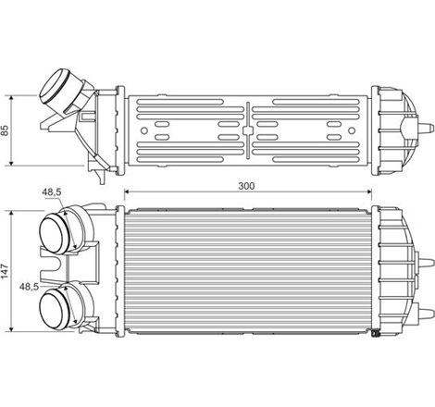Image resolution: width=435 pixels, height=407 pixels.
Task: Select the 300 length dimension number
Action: click(x=247, y=186)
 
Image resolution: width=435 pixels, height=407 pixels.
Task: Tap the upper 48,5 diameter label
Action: click(x=52, y=192)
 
